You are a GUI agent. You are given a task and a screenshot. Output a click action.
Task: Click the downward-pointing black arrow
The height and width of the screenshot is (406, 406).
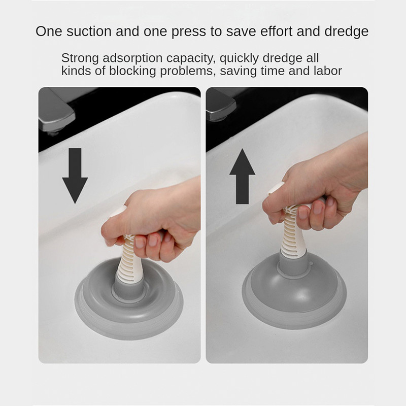[x=75, y=176]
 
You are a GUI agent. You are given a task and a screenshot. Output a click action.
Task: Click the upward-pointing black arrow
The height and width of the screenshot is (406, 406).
[x=243, y=176]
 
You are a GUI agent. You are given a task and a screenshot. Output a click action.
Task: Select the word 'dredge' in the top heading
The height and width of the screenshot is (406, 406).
[x=347, y=31]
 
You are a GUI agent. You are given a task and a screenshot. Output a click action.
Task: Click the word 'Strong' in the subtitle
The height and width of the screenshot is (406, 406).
[x=80, y=58]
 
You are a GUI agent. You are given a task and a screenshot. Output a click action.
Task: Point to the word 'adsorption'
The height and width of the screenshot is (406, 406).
[x=132, y=58]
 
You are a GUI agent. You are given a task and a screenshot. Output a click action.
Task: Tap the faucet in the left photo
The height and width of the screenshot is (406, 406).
[x=57, y=111]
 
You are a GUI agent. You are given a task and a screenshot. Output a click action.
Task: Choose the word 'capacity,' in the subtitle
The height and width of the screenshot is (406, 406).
[x=191, y=58]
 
